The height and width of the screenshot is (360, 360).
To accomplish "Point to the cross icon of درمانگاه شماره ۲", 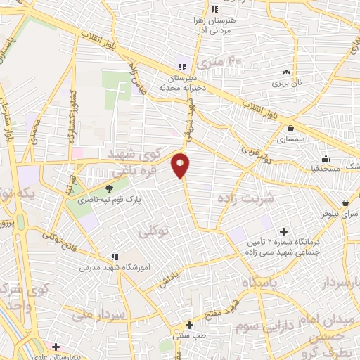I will [284, 231].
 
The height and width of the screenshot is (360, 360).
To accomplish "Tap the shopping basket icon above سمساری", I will [291, 128].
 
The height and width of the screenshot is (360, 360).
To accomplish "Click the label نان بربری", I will [287, 83].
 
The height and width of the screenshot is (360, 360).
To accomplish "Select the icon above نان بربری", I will [286, 72].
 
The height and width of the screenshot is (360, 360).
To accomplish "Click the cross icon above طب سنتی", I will [188, 325].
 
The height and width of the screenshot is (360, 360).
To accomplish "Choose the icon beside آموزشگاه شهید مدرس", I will [115, 257].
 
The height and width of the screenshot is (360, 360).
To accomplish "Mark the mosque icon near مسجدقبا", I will [326, 157].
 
